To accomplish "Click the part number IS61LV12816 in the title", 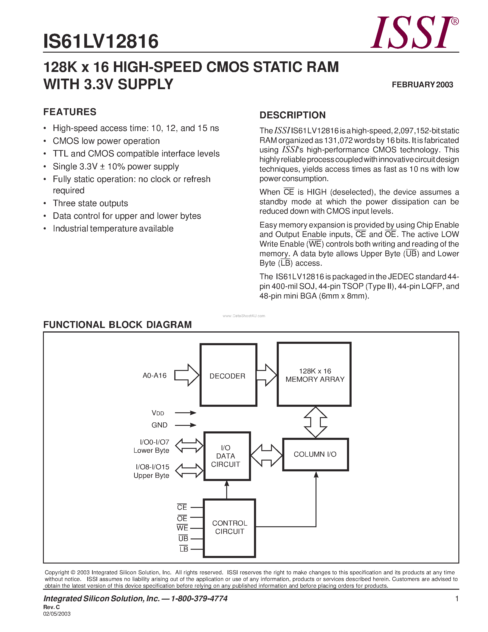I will [x=101, y=41].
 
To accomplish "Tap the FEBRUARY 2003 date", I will [x=422, y=85].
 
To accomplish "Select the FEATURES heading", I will [x=70, y=112].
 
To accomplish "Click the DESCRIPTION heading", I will [x=292, y=115].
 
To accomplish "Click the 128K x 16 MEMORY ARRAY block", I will [x=314, y=375].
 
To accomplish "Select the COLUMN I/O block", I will [x=315, y=454].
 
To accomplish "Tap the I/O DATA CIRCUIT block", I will [x=227, y=456].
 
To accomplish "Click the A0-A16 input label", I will [x=155, y=376].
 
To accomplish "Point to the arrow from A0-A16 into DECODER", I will [x=187, y=375].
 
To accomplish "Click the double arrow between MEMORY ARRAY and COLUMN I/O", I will [x=315, y=422].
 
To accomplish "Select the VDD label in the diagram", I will [x=158, y=413].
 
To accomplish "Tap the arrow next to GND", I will [x=186, y=425].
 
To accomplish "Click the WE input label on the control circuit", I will [x=182, y=528].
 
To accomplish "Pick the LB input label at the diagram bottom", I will [x=183, y=549].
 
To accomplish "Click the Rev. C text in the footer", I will [x=51, y=607].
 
